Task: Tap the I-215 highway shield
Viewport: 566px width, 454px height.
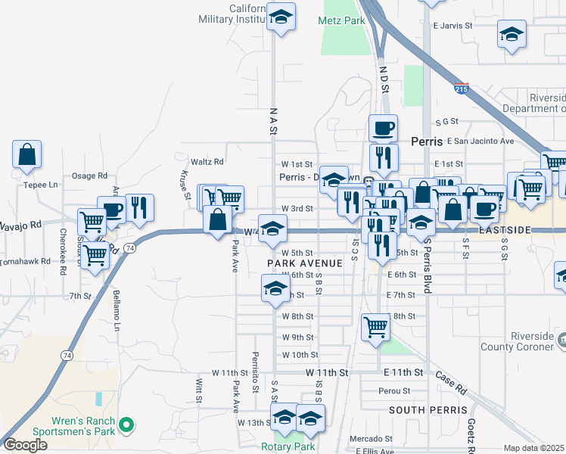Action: [462, 89]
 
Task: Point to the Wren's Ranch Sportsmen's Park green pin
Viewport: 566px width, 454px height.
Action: [127, 425]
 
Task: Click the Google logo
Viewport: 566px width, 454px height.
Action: [25, 445]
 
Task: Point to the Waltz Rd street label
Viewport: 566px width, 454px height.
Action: [207, 161]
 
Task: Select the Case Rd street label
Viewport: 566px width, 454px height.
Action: [450, 383]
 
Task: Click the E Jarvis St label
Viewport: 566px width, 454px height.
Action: [452, 25]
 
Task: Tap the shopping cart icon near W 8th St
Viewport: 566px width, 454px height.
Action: [375, 327]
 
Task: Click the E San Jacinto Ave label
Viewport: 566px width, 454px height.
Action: [480, 141]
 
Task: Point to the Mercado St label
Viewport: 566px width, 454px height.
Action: [369, 439]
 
